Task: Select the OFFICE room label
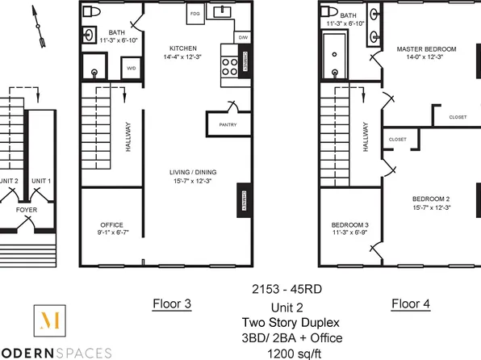(x=111, y=224)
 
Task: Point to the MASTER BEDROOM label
(x=426, y=49)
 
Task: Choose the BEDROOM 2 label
(x=431, y=199)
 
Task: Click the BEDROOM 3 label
(x=350, y=224)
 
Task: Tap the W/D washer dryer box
(x=132, y=69)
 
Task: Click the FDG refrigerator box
(x=194, y=15)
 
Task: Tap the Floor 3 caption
(x=172, y=304)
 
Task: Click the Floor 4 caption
(x=410, y=304)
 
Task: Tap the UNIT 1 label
(x=40, y=180)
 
